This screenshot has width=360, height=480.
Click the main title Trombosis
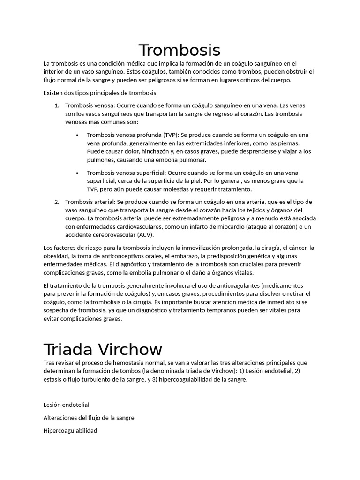click(180, 50)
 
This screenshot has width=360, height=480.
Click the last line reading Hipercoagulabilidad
click(70, 430)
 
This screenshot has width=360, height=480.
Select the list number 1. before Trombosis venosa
click(56, 105)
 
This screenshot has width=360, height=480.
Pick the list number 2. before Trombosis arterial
click(56, 202)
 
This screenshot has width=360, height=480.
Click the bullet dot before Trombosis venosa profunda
click(77, 135)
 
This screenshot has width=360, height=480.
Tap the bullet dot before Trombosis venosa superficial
click(77, 172)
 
